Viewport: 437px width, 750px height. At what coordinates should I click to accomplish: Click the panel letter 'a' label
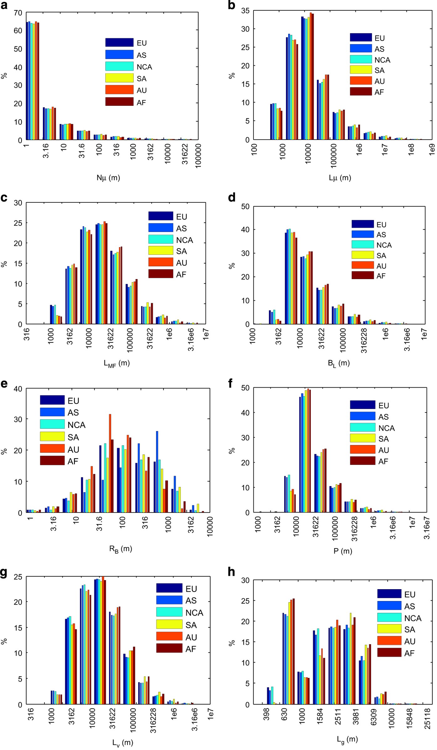click(x=4, y=5)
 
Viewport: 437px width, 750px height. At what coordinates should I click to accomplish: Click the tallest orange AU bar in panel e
click(x=110, y=463)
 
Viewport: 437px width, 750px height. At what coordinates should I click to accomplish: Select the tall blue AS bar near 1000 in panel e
click(x=157, y=472)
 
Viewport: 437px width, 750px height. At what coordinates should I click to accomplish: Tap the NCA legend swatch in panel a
click(x=119, y=66)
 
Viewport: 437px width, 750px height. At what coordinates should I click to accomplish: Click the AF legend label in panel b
click(x=379, y=92)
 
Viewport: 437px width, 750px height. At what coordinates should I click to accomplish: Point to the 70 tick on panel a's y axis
click(x=18, y=13)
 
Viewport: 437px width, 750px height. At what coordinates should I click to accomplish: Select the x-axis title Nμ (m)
click(x=108, y=178)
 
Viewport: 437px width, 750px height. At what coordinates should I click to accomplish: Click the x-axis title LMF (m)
click(x=117, y=363)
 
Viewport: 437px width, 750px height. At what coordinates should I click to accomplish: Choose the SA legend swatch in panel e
click(x=52, y=436)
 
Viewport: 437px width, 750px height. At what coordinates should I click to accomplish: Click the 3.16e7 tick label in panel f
click(x=427, y=528)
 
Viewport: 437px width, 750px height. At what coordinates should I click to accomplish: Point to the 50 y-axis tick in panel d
click(x=245, y=207)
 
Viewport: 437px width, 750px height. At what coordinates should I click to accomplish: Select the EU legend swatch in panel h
click(x=389, y=594)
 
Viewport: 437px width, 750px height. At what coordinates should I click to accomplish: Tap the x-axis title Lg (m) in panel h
click(x=347, y=739)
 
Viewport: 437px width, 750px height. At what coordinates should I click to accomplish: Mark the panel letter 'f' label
click(x=231, y=383)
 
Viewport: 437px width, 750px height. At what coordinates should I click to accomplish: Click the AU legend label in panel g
click(x=191, y=637)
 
